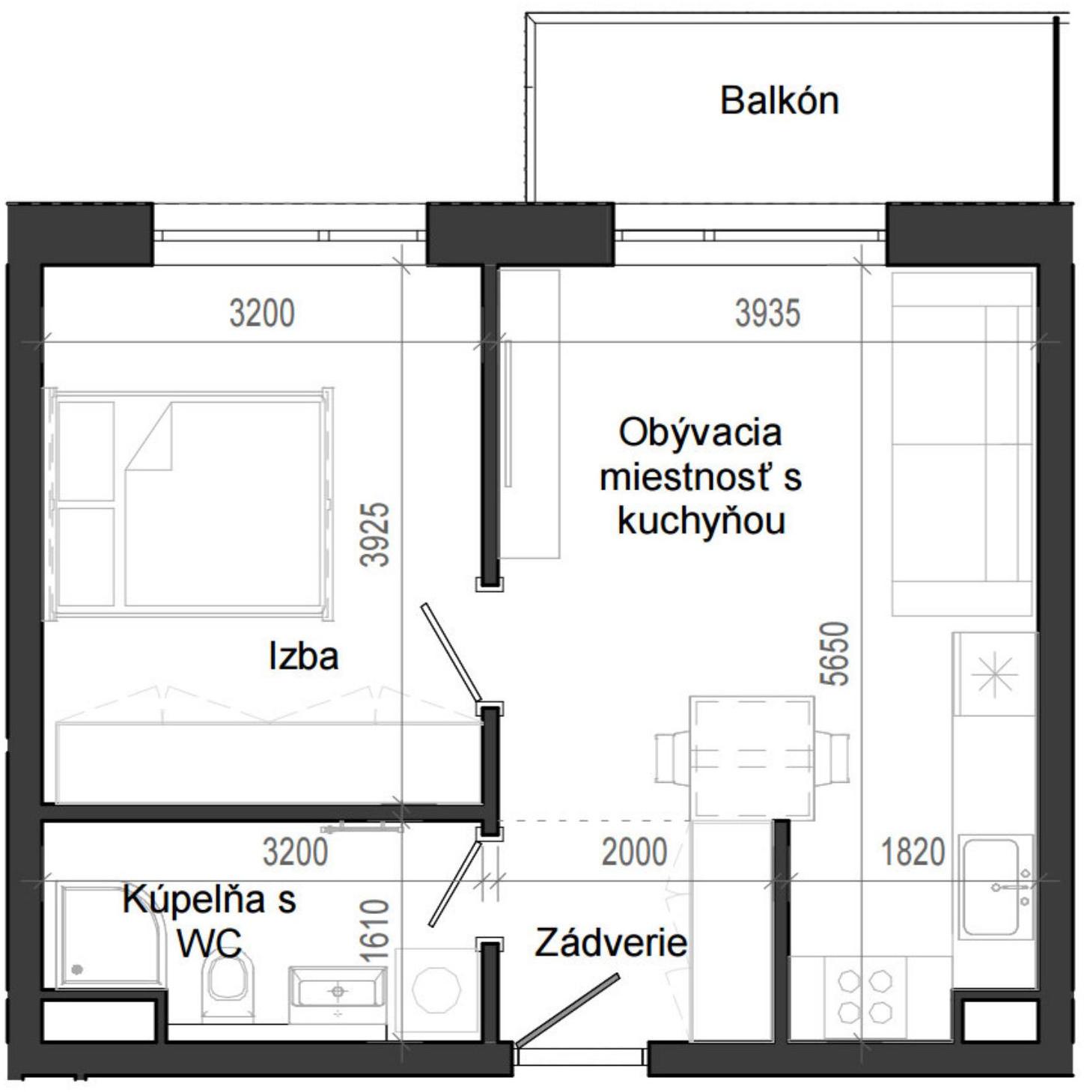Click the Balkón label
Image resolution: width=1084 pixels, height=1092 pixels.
(x=779, y=100)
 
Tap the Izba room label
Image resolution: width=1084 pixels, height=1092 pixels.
(x=303, y=656)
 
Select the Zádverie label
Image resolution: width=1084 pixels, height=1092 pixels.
(x=610, y=942)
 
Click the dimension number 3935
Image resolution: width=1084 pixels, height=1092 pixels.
(x=767, y=313)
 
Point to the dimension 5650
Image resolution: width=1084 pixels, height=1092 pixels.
(x=835, y=653)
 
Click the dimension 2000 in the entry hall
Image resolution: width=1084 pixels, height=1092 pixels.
(x=634, y=852)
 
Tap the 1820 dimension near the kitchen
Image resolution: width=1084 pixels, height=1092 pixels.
(x=913, y=852)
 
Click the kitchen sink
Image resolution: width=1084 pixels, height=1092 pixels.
(x=991, y=888)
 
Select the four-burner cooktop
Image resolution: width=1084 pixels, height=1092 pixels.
(x=865, y=996)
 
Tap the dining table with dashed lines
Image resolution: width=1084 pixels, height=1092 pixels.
(x=752, y=757)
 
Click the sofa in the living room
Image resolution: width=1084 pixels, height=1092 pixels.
(x=962, y=443)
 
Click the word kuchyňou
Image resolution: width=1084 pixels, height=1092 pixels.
(x=701, y=522)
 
